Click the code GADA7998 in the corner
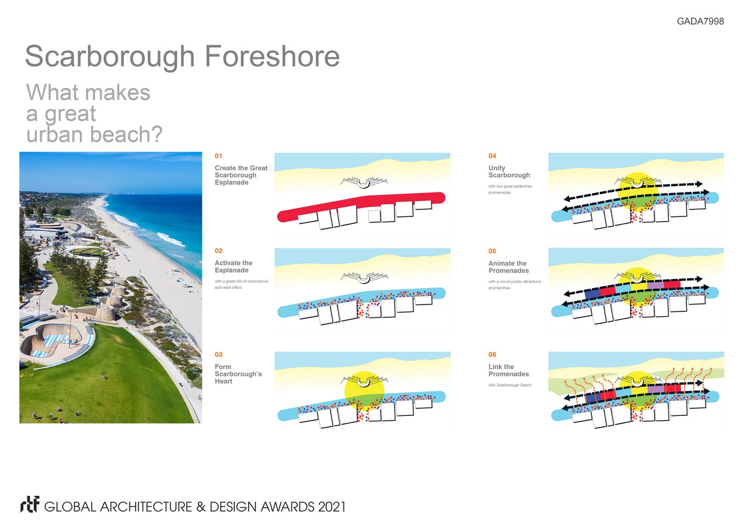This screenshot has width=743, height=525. (x=700, y=21)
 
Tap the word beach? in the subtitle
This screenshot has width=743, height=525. (x=126, y=134)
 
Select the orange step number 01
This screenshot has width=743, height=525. (x=218, y=156)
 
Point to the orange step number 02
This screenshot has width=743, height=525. (x=219, y=251)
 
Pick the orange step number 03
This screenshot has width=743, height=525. (x=219, y=355)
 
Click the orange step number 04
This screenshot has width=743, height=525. (x=492, y=156)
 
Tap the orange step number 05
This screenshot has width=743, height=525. (x=492, y=251)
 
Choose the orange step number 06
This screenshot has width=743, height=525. (x=492, y=355)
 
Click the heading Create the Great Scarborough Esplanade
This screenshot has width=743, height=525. (x=241, y=175)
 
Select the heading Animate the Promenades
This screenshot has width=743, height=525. (x=508, y=267)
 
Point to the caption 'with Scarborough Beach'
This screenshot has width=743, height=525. (x=510, y=385)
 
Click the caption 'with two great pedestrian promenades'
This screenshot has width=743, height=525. (x=510, y=189)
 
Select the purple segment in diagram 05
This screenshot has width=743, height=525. (x=655, y=285)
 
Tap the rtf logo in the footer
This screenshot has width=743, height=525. (x=30, y=505)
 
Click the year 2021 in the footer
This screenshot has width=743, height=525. (x=332, y=507)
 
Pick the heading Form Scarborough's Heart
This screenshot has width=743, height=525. (x=238, y=374)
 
